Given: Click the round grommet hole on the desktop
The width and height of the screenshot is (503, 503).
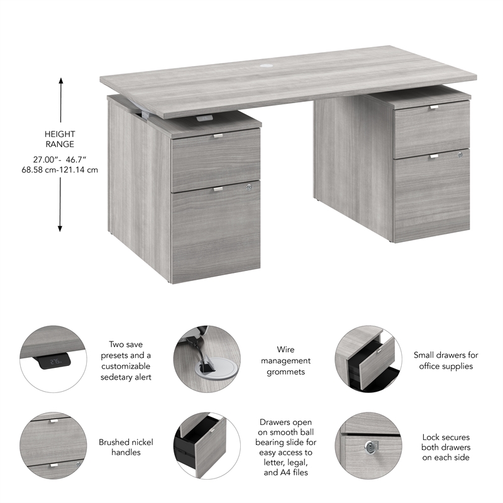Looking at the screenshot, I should (x=264, y=65).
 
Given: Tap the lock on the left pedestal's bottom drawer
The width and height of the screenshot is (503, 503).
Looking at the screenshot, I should (x=250, y=187).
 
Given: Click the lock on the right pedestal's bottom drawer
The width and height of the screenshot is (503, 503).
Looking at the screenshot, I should (x=461, y=154).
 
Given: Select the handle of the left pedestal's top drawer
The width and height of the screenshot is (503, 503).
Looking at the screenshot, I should (x=218, y=135).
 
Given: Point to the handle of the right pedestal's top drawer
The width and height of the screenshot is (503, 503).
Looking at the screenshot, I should (x=434, y=108).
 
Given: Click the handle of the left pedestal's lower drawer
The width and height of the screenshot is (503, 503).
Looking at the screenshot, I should (x=218, y=189).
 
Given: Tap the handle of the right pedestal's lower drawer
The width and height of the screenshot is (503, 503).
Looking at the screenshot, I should (x=434, y=157).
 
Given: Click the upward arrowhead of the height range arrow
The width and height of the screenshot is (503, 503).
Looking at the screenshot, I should (x=61, y=81).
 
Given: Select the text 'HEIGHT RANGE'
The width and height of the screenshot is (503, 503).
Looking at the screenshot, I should (x=60, y=139).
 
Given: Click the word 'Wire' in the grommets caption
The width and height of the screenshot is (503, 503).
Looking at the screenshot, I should (x=285, y=350).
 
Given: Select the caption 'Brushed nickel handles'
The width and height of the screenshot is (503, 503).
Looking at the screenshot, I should (x=126, y=447).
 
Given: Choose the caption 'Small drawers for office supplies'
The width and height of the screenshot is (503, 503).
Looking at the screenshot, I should (x=446, y=360).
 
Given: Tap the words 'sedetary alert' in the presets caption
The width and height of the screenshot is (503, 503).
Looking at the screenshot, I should (x=126, y=377).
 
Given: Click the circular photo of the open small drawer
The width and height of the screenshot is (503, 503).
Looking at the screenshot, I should (x=368, y=359).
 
